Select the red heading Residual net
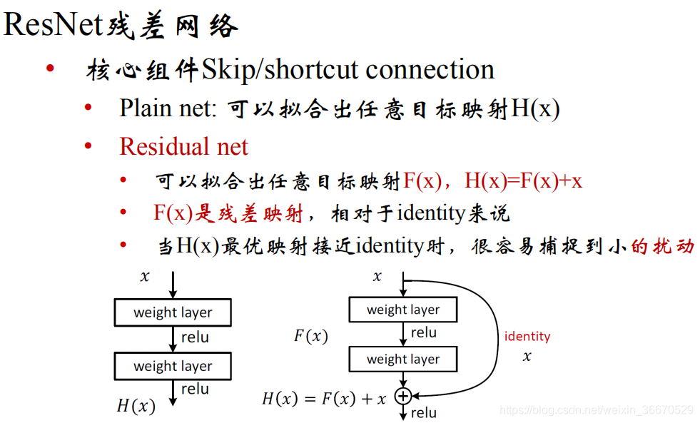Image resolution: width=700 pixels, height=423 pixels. click(183, 146)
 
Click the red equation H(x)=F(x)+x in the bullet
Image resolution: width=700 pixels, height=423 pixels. click(523, 180)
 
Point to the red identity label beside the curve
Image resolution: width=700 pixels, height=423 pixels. click(527, 336)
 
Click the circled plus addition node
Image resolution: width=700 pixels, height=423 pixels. click(403, 395)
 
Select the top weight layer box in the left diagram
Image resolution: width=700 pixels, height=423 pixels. click(173, 312)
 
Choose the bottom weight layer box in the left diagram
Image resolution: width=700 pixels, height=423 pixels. click(173, 367)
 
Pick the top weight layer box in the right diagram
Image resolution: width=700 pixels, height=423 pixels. click(403, 310)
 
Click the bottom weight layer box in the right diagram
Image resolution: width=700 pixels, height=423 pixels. click(403, 360)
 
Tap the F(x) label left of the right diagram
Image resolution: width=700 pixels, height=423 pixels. click(311, 336)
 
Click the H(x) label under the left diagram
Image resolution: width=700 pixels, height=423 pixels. click(136, 407)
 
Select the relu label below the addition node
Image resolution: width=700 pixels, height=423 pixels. click(424, 412)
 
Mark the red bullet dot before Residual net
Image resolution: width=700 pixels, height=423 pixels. click(88, 146)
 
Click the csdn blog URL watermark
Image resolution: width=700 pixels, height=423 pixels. click(597, 409)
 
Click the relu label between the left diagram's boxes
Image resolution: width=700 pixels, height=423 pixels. click(195, 337)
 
